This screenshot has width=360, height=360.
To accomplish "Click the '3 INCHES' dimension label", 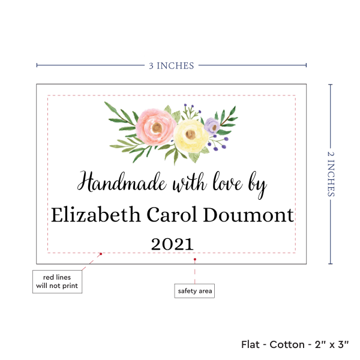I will click(x=171, y=65).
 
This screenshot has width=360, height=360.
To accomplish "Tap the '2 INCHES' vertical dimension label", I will click(x=332, y=174).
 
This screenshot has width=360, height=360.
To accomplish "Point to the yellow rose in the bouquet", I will click(x=190, y=135).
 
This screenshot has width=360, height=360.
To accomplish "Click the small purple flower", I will click(x=211, y=125).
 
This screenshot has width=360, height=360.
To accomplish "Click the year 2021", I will click(x=172, y=244).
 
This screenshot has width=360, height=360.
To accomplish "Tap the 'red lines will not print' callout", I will click(x=56, y=281).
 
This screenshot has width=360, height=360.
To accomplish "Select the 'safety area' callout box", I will click(x=194, y=291).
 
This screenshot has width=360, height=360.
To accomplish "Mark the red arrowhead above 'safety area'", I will click(x=195, y=259).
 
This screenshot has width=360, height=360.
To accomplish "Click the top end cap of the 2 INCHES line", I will click(x=330, y=85).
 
